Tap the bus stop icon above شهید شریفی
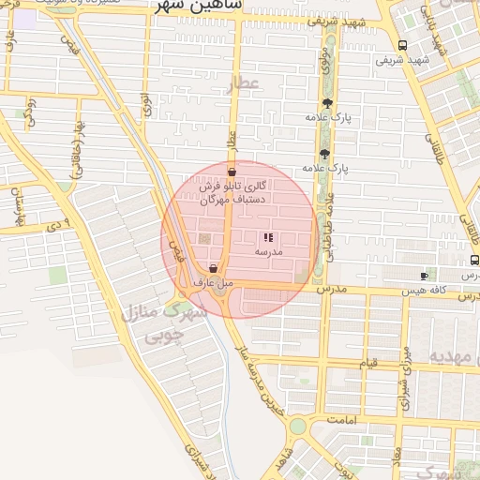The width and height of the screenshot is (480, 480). coord(402,45)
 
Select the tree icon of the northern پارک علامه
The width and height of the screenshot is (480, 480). coord(326,103)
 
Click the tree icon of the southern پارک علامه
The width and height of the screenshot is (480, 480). coord(324,154)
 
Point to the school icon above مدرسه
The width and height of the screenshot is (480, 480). coord(268,238)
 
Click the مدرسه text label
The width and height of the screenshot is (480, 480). coord(268,253)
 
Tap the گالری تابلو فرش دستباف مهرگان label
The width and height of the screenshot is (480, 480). coord(233,193)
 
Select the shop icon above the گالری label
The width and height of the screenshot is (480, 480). coord(232,172)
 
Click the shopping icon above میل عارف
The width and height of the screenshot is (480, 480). coord(214,268)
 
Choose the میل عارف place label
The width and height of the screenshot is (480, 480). coord(212,282)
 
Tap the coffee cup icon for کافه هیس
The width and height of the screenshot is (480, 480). coord(424,276)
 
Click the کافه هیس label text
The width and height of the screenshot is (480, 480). coord(424,292)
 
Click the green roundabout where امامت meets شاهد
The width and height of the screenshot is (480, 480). coord(297,427)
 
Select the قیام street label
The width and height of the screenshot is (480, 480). coord(369,363)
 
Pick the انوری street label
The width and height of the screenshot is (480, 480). coord(147,103)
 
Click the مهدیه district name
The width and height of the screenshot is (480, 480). coord(454,357)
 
